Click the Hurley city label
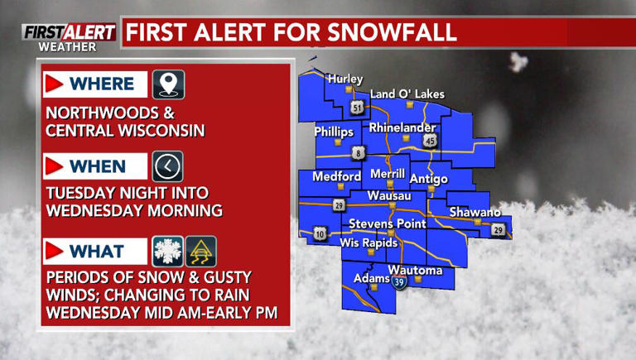coord(345,79)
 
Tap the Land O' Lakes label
coord(407,94)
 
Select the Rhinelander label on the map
coord(402,127)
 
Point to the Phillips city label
coord(334,132)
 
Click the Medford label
coord(336,176)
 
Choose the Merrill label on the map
coord(388,174)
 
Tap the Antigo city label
coord(429,179)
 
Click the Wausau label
coord(389,195)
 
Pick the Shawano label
coord(475,213)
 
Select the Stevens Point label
coord(388,223)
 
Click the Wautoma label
coord(416,271)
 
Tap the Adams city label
coord(372,278)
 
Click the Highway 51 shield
coord(357,108)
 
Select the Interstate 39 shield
coord(400,282)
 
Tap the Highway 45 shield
coord(429,142)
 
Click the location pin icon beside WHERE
coord(168,84)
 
